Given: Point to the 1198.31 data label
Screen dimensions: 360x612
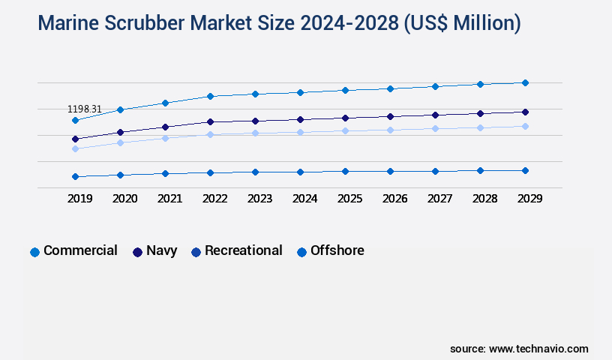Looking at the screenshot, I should point(84,109).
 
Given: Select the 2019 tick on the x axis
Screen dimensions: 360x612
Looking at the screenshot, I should point(79,199).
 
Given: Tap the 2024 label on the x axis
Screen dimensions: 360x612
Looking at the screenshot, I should point(304,199).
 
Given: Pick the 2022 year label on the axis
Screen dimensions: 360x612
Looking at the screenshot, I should point(214,199).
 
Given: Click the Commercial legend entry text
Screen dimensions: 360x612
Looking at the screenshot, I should point(80,250).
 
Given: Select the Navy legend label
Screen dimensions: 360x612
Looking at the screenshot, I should point(161,250).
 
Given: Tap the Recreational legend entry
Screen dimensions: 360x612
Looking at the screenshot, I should point(244,250).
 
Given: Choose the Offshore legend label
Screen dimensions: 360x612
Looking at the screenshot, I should point(337,250).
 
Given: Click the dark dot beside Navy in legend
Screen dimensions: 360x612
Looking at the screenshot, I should point(138,252).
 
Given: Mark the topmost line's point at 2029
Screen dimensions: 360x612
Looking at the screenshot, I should point(525,82).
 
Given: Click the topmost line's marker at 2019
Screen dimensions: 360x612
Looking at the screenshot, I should point(75,120).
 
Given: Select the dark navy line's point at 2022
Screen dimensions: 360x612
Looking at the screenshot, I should point(210,121).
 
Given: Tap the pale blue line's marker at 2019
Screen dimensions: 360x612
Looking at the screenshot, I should point(75,148).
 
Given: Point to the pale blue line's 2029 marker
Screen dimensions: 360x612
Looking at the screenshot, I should point(525,126).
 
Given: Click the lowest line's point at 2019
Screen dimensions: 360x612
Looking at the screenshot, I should point(75,176).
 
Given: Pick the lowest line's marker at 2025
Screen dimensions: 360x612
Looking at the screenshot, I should point(345,171).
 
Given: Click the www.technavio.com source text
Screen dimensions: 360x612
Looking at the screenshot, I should point(538,349).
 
